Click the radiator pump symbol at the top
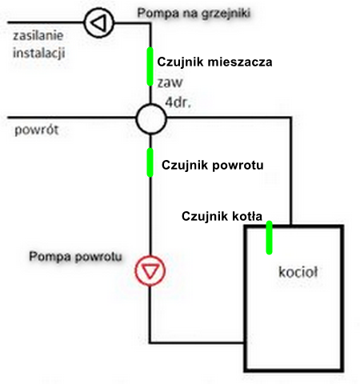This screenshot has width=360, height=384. (98, 22)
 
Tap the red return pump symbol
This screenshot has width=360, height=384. (148, 270)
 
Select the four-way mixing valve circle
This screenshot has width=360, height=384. (149, 120)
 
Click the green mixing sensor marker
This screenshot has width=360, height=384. (149, 66)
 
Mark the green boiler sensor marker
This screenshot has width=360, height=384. (269, 237)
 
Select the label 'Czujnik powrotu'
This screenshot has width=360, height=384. (212, 166)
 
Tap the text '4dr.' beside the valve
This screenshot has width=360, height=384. (176, 102)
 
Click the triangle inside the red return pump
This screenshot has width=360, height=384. (148, 270)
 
